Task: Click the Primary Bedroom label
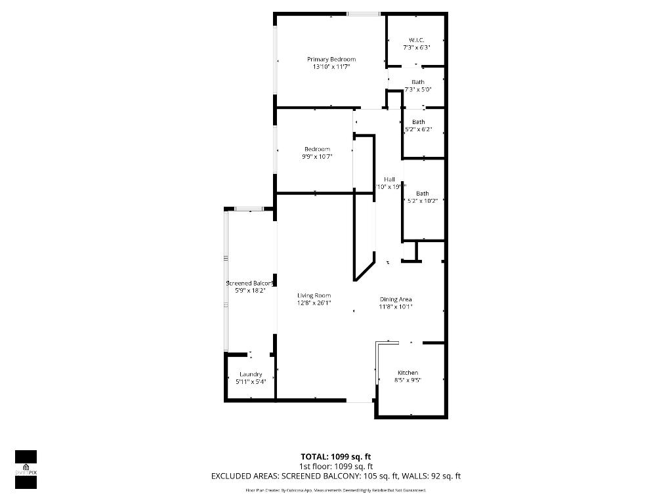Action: click(x=331, y=59)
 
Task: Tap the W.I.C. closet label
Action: click(x=416, y=40)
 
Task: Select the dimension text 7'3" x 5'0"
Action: click(x=417, y=89)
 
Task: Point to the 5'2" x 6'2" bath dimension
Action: click(x=418, y=129)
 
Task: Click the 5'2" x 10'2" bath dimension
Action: click(x=422, y=201)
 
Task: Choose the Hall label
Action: click(x=389, y=179)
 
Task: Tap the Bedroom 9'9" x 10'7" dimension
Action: click(x=317, y=156)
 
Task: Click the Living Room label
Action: click(x=314, y=295)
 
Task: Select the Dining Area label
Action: click(x=396, y=299)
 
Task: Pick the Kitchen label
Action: click(x=408, y=373)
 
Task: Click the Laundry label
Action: click(x=251, y=374)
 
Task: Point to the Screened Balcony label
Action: click(x=249, y=283)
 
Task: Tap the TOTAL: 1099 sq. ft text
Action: click(x=335, y=456)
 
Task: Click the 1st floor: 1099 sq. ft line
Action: click(x=335, y=466)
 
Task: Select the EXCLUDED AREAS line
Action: click(x=335, y=476)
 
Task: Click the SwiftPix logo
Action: click(x=26, y=469)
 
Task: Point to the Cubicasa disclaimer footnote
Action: click(x=335, y=490)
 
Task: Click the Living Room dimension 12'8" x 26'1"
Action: click(x=314, y=303)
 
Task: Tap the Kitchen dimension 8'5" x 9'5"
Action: click(x=408, y=380)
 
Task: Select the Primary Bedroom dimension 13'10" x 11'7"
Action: click(x=331, y=66)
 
